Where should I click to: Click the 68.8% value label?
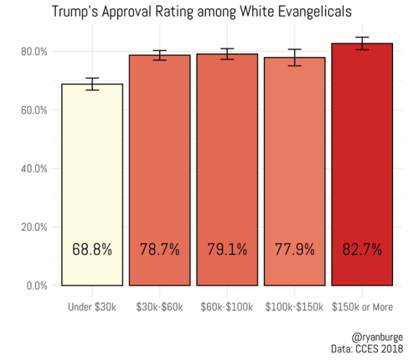point(92,250)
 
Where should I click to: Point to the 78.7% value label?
point(159,250)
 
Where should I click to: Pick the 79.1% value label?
point(227,250)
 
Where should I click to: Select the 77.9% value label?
point(294,250)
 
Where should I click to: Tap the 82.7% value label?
point(362,250)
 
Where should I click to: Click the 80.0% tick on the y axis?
point(32,52)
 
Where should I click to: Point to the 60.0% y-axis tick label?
point(32,110)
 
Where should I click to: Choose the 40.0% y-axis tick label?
point(32,169)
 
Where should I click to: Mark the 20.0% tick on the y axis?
point(32,227)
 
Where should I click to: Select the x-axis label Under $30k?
point(92,307)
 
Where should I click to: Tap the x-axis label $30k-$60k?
point(159,307)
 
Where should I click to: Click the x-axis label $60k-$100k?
point(227,307)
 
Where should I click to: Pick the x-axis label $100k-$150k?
point(294,307)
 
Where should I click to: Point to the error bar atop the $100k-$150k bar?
point(294,57)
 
